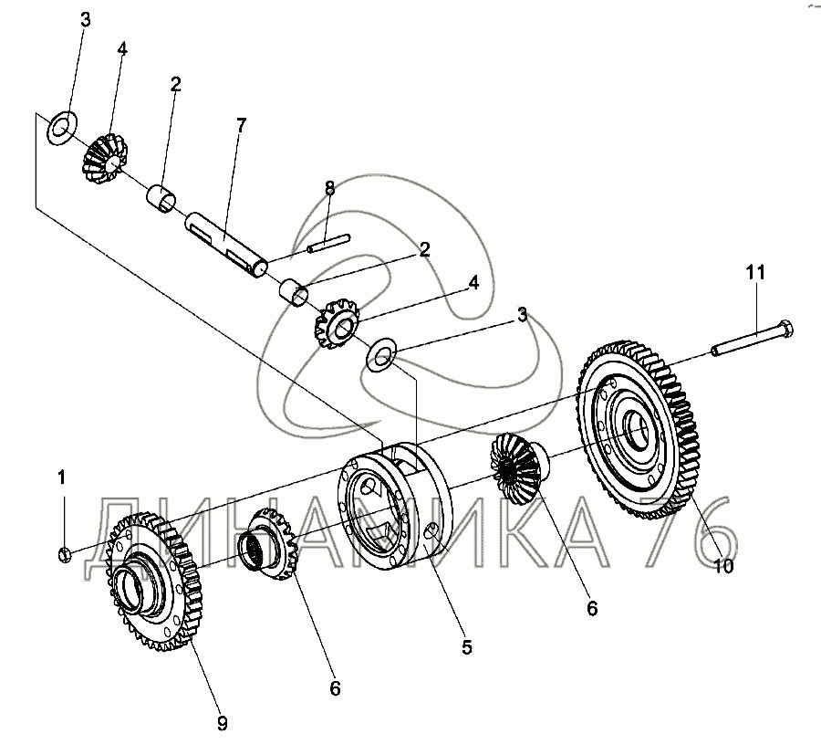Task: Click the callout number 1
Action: point(62,476)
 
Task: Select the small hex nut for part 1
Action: point(64,552)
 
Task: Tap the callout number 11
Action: point(756,272)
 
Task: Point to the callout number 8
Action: point(329,189)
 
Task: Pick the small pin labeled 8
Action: point(327,244)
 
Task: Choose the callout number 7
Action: point(241,126)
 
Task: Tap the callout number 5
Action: point(466,647)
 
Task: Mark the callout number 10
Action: point(722,566)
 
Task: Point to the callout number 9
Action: point(222,723)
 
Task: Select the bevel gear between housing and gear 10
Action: point(516,469)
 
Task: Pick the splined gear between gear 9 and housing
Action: point(270,547)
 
